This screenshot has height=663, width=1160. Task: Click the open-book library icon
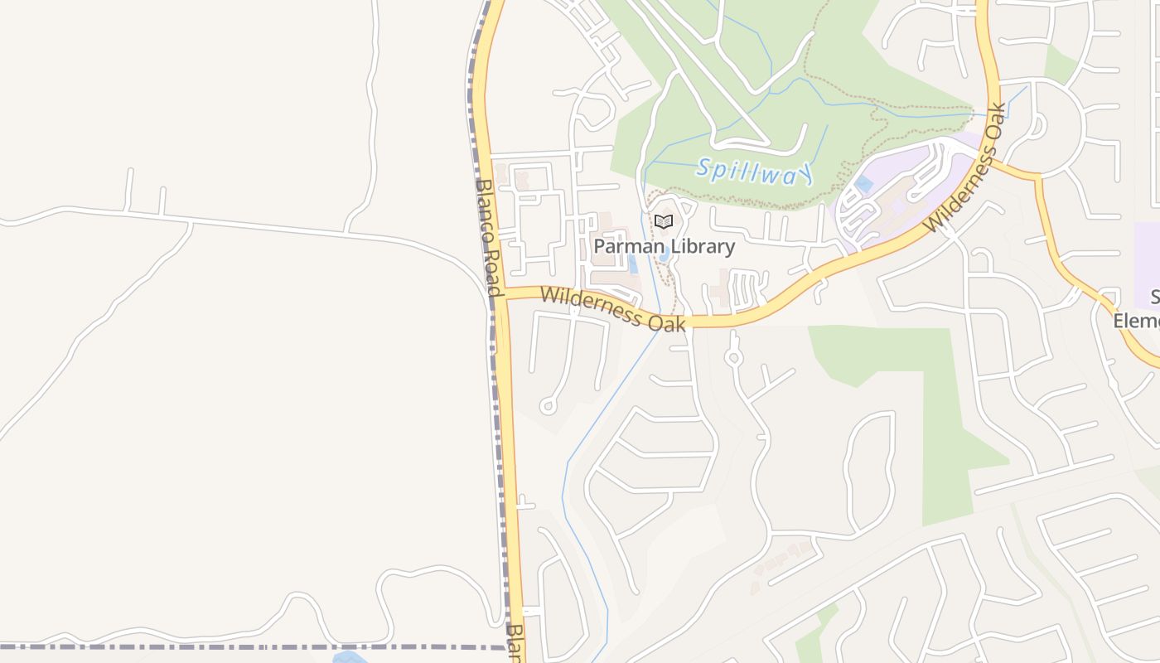(663, 221)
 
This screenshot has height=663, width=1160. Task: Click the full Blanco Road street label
(489, 237)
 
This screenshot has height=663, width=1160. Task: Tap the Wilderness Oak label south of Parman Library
(613, 309)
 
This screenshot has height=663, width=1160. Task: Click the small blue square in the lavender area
(863, 184)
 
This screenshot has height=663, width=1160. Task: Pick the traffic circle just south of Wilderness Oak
(732, 358)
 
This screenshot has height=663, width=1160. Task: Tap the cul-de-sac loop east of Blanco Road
(548, 406)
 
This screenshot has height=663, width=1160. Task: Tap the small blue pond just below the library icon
(665, 253)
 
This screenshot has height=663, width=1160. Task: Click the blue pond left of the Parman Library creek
(634, 264)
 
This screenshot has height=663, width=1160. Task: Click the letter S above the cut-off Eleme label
(1154, 298)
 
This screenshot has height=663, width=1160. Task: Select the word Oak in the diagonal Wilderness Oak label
(994, 122)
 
